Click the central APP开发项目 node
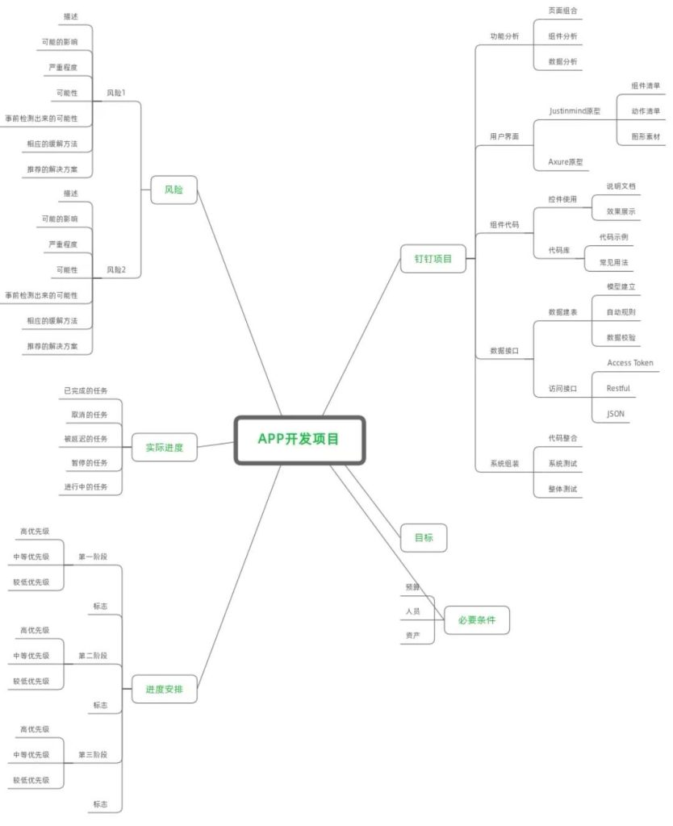[x=299, y=440]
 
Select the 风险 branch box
[x=174, y=190]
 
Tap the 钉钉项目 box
[x=433, y=259]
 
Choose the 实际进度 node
[x=165, y=448]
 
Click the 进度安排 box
[x=165, y=689]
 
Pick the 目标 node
[x=424, y=538]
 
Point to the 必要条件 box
[x=477, y=620]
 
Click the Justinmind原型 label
[x=575, y=111]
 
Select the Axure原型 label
[x=566, y=161]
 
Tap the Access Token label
[x=630, y=363]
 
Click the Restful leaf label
[x=618, y=388]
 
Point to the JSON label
[x=616, y=414]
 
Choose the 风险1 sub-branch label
[x=116, y=93]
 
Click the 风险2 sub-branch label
[x=116, y=269]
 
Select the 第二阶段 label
[x=93, y=656]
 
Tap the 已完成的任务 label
[x=86, y=391]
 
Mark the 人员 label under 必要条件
[x=412, y=611]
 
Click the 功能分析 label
[x=504, y=36]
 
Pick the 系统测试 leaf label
[x=563, y=464]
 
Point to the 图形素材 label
[x=646, y=136]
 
